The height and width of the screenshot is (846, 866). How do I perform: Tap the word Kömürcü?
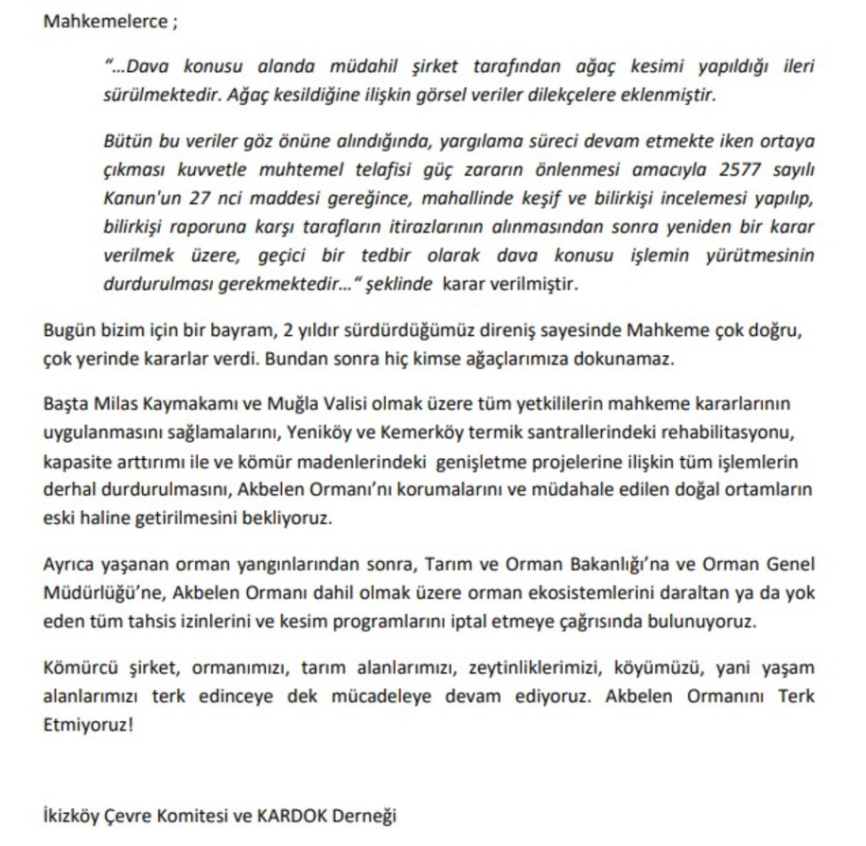pos(78,668)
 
